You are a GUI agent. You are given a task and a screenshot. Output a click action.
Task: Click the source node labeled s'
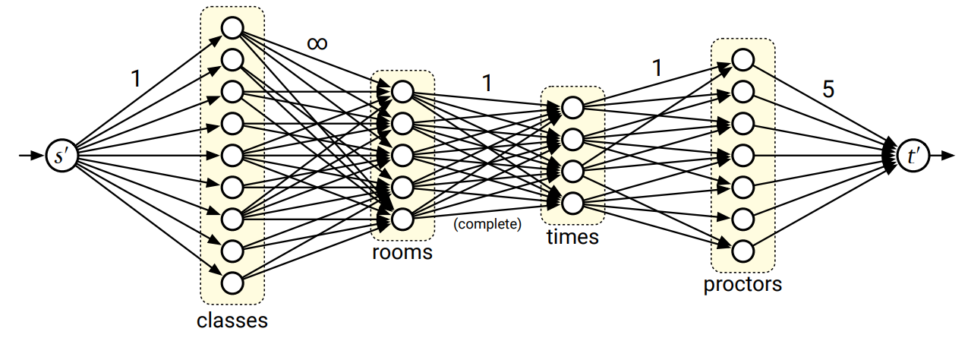coord(61,156)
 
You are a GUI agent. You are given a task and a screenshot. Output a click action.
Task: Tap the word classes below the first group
coord(232,320)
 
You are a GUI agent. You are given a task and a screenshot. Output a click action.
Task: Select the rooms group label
coord(402,252)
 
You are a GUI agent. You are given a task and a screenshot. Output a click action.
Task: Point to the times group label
coord(572,237)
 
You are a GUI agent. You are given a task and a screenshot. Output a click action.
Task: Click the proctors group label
coord(742,285)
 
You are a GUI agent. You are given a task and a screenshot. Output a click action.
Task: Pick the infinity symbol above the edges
coord(317,43)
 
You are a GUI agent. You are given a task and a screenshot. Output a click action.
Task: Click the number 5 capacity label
coord(828,89)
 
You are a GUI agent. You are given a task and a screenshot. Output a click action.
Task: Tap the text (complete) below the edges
coord(487,224)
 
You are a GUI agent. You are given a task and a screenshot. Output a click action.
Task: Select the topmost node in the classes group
coord(232,28)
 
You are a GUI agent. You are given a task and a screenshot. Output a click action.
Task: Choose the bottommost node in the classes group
coord(232,283)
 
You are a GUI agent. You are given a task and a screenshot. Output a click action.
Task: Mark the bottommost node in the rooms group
coord(402,219)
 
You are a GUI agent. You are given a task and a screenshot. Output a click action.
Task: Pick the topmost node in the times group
coord(572,108)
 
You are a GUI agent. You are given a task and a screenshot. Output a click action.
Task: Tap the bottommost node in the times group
coord(572,203)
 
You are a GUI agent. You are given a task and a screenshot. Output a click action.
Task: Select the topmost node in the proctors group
coord(742,59)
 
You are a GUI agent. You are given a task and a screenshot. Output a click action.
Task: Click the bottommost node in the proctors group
coord(742,251)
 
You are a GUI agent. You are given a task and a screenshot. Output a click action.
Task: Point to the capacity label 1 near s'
coord(135,77)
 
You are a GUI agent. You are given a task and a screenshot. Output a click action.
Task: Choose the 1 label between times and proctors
coord(657,68)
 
